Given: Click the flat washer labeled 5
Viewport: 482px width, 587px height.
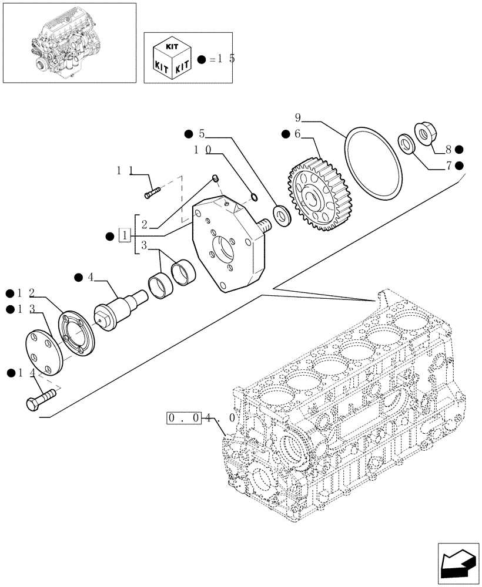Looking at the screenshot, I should (282, 216).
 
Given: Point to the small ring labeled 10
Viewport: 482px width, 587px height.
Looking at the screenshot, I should (253, 196).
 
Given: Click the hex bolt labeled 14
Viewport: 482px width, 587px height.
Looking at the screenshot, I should (39, 401).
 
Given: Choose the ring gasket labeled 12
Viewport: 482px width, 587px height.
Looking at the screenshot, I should (76, 333).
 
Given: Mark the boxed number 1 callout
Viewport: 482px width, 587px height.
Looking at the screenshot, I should (124, 236).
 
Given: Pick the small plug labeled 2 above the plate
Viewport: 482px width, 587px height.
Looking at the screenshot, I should (215, 177).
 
